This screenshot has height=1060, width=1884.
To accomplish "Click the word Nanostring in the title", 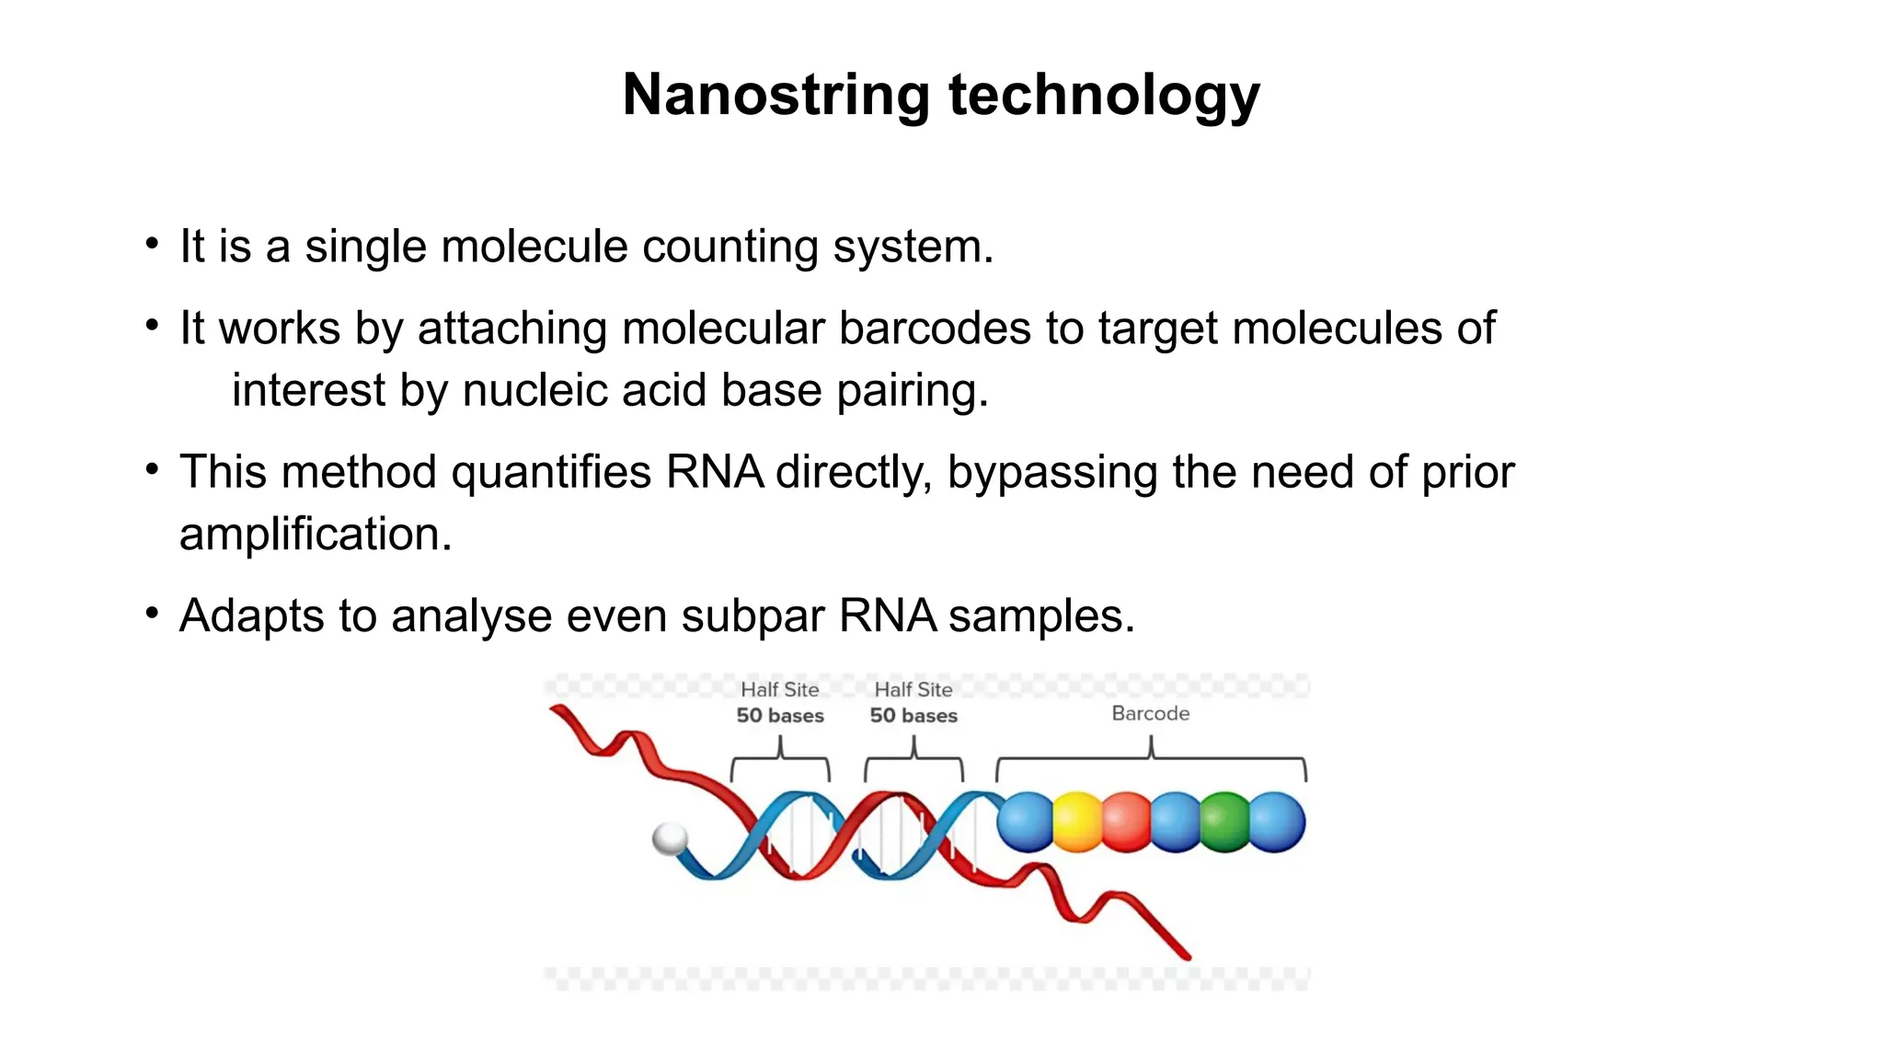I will point(775,95).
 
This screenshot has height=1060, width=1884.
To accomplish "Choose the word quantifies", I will point(551,472).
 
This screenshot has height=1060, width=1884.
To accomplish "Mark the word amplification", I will point(315,535).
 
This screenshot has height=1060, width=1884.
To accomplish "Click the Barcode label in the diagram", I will point(1150,713).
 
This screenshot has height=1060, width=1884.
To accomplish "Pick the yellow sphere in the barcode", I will point(1076,822).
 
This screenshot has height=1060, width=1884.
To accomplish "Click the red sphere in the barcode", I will point(1126,822).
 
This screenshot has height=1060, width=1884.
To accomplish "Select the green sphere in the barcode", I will point(1224,822).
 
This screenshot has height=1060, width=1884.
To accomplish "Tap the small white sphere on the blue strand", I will point(669,838).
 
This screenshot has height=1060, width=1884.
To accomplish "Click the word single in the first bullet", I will point(365,248).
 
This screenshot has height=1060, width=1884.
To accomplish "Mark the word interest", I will point(308,390).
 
